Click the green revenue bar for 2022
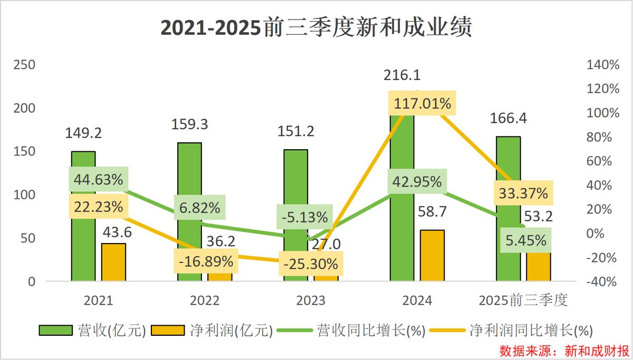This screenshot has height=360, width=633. pos(189,174)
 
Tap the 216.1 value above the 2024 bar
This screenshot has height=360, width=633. pos(402,75)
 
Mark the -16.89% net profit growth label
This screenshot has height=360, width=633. pos(206,260)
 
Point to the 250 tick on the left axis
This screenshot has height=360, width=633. pos(24,65)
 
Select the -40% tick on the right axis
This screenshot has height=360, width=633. pos(601,281)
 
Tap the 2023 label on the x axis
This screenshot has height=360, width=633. pos(311,301)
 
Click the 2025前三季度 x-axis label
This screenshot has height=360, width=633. pos(523,301)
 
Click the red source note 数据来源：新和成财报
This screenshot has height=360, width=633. pos(564,350)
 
